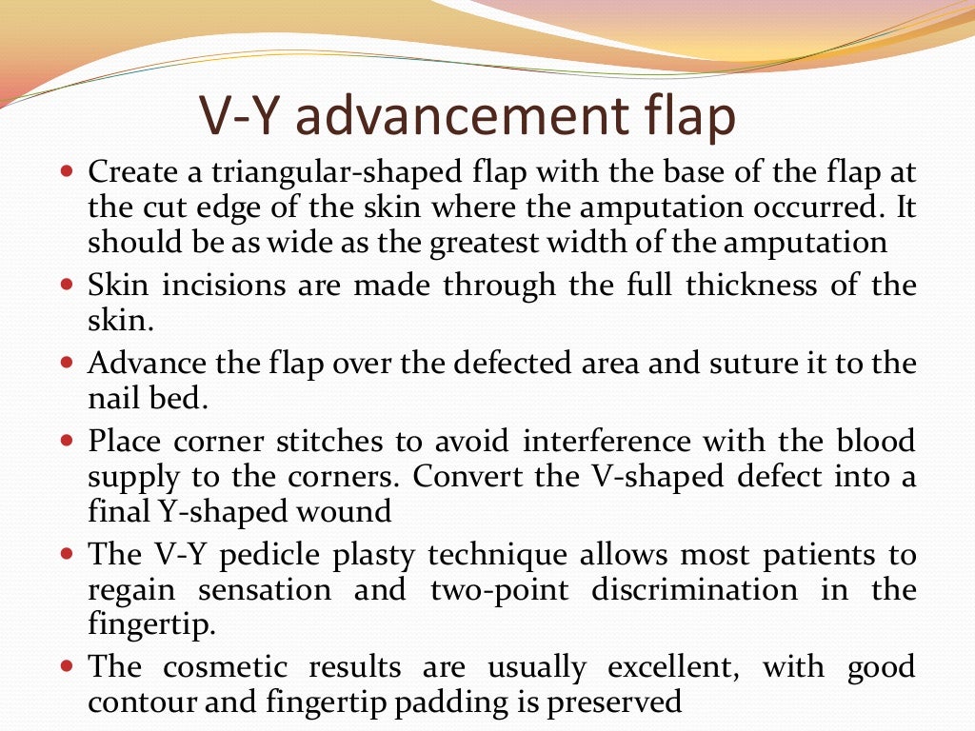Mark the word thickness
click(x=735, y=286)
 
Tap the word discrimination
click(x=693, y=589)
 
